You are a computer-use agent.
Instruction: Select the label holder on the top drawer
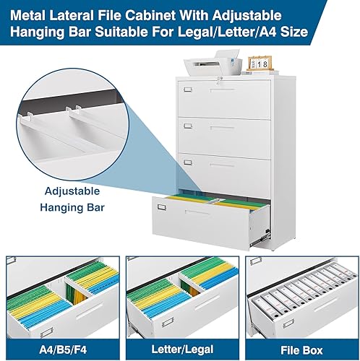coord(187,90)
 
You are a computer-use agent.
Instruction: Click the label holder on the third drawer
coord(187,162)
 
